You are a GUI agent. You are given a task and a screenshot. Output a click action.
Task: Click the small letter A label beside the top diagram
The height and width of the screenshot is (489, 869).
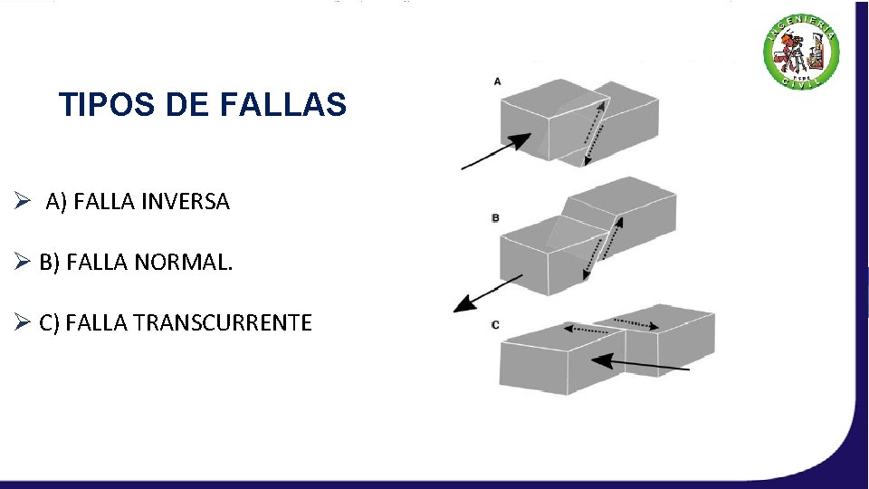[x=497, y=81]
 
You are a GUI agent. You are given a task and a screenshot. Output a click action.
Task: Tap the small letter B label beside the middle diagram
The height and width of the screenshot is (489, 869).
[x=496, y=218]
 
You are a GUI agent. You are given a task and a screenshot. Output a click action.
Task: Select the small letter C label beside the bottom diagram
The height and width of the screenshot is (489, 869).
[x=495, y=324]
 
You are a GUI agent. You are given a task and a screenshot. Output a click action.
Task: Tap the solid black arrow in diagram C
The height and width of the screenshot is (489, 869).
[x=638, y=364]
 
